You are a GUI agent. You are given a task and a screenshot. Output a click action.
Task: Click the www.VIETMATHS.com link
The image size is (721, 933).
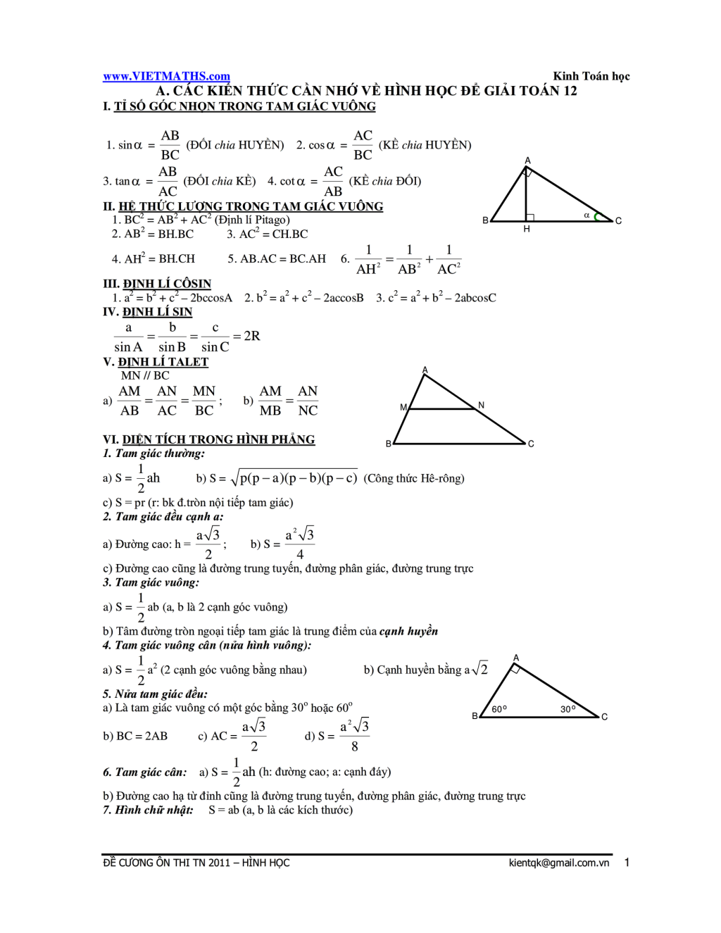[166, 76]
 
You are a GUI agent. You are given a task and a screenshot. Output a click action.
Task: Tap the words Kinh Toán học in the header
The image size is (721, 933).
[591, 76]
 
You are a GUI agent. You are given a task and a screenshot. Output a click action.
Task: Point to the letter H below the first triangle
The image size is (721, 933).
[527, 230]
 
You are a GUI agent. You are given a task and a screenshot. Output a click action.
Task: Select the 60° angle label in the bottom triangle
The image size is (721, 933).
[499, 709]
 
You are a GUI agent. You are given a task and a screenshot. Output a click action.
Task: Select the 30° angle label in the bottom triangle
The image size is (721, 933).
[568, 709]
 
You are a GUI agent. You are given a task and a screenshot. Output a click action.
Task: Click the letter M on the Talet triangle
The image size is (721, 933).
[403, 407]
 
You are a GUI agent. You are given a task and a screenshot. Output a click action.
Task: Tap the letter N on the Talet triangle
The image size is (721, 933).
[481, 405]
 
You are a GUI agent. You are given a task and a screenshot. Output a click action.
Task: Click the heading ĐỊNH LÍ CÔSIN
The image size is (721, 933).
[167, 284]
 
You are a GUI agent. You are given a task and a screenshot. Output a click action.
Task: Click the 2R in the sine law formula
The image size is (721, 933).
[252, 336]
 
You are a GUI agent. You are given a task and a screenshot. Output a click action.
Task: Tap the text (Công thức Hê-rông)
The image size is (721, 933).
[414, 479]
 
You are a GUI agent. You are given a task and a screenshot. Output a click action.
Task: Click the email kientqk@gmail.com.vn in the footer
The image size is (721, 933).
[558, 863]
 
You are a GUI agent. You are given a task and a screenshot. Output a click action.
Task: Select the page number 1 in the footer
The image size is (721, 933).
[627, 863]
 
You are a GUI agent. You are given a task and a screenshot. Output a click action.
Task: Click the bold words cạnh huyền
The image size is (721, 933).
[408, 631]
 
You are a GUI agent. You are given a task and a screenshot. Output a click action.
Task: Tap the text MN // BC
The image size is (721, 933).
[145, 375]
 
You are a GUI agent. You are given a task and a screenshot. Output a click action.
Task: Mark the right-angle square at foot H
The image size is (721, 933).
[530, 218]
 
